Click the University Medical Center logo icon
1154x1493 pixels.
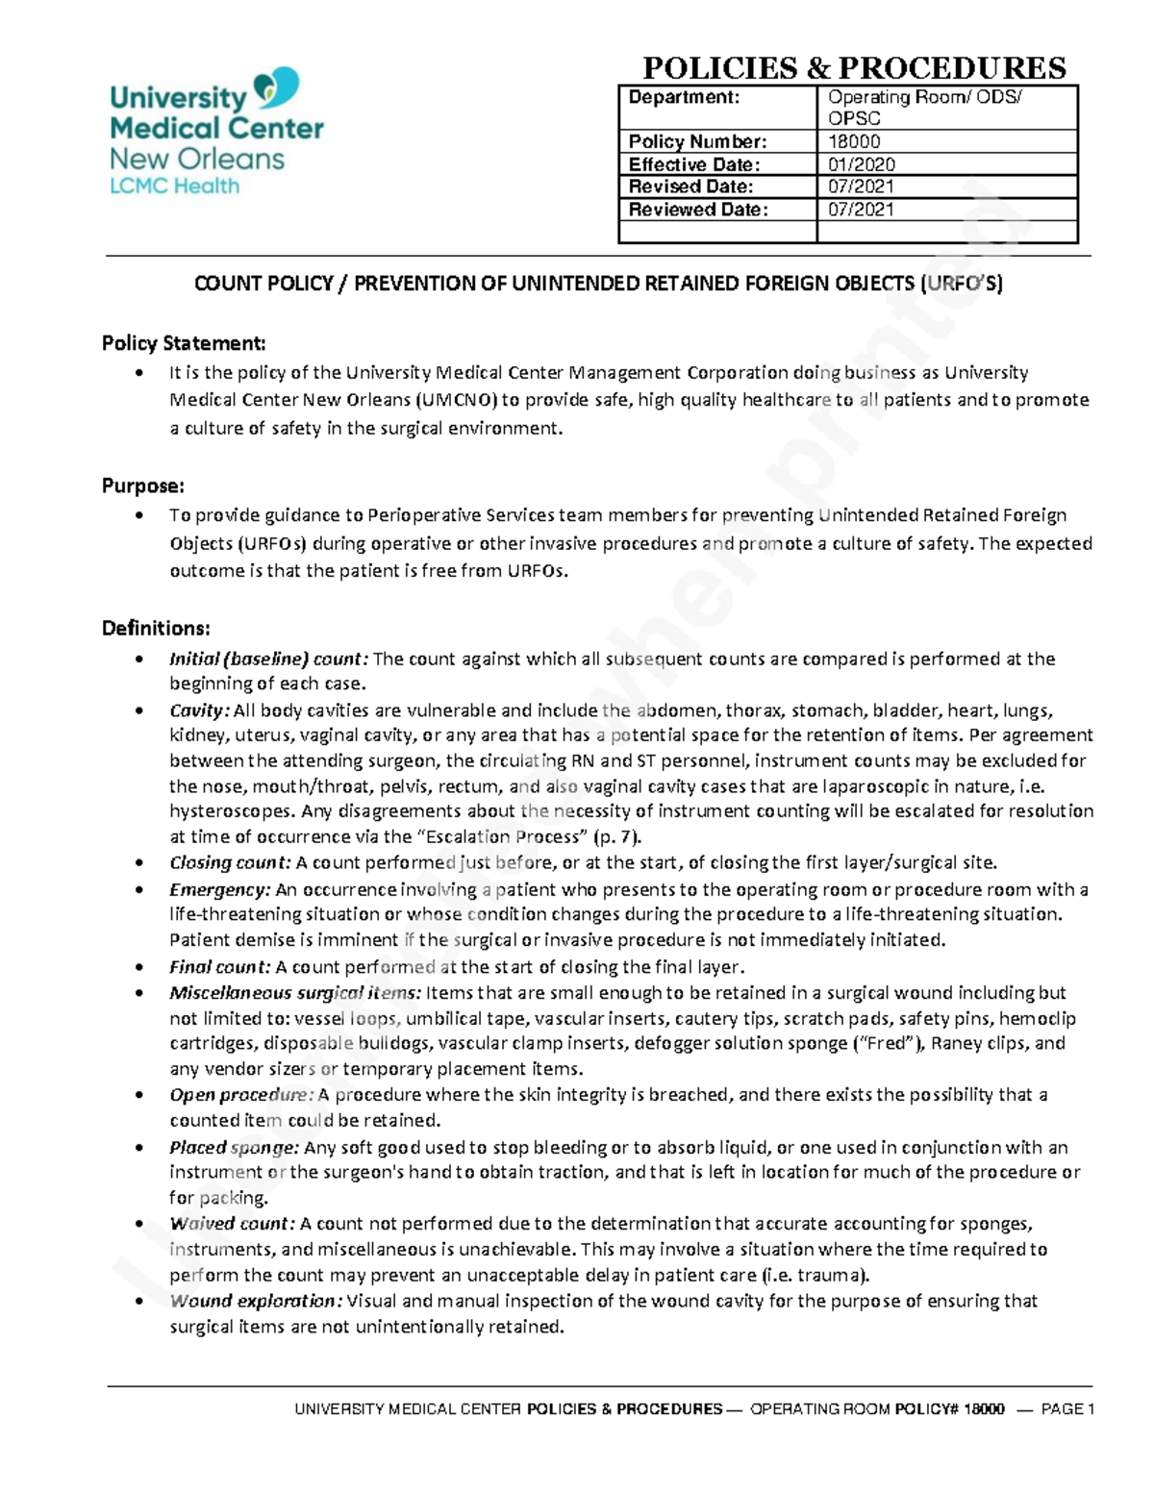pyautogui.click(x=276, y=88)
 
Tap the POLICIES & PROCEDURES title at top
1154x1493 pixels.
pyautogui.click(x=854, y=68)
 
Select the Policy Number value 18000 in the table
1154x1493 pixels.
pyautogui.click(x=854, y=141)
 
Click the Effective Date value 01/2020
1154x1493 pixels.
pyautogui.click(x=861, y=164)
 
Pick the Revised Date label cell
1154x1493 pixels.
pyautogui.click(x=690, y=187)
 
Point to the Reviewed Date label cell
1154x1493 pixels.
pyautogui.click(x=698, y=210)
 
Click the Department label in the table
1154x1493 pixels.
pyautogui.click(x=684, y=97)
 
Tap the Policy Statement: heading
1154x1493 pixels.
pyautogui.click(x=184, y=343)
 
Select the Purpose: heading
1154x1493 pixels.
pyautogui.click(x=143, y=485)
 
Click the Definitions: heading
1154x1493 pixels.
pyautogui.click(x=156, y=629)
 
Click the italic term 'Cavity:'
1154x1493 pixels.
pyautogui.click(x=199, y=711)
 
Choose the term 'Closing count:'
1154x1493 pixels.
pyautogui.click(x=230, y=863)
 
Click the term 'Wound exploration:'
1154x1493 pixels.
pyautogui.click(x=256, y=1302)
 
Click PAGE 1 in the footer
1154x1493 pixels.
pyautogui.click(x=1067, y=1409)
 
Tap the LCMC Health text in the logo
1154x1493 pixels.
pyautogui.click(x=174, y=187)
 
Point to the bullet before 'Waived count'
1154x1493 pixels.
pyautogui.click(x=140, y=1225)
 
